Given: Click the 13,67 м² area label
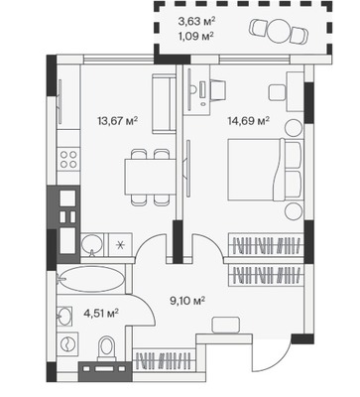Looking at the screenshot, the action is point(117,121).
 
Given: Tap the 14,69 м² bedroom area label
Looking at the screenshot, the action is point(249,120).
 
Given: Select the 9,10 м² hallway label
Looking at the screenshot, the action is point(187,301).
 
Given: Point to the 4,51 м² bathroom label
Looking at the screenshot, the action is point(101,313).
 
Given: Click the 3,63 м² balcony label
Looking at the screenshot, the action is point(196,22).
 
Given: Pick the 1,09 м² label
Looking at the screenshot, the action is point(195,36).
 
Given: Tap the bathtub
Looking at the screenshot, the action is point(91,279).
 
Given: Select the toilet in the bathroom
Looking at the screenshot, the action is point(106,348).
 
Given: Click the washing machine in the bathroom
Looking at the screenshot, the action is point(67,342).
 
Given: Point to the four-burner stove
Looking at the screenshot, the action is point(68,159).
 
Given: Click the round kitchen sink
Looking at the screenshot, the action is point(92,244).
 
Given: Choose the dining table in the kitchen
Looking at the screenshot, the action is point(149,177).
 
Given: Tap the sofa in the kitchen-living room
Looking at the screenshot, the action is point(164,103).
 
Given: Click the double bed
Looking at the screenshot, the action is point(266,170).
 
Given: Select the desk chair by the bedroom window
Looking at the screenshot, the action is point(217,88).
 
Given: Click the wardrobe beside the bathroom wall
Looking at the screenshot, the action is point(165,360).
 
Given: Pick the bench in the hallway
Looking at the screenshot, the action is point(226,325).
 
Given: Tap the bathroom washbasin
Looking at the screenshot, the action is point(64,316).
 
